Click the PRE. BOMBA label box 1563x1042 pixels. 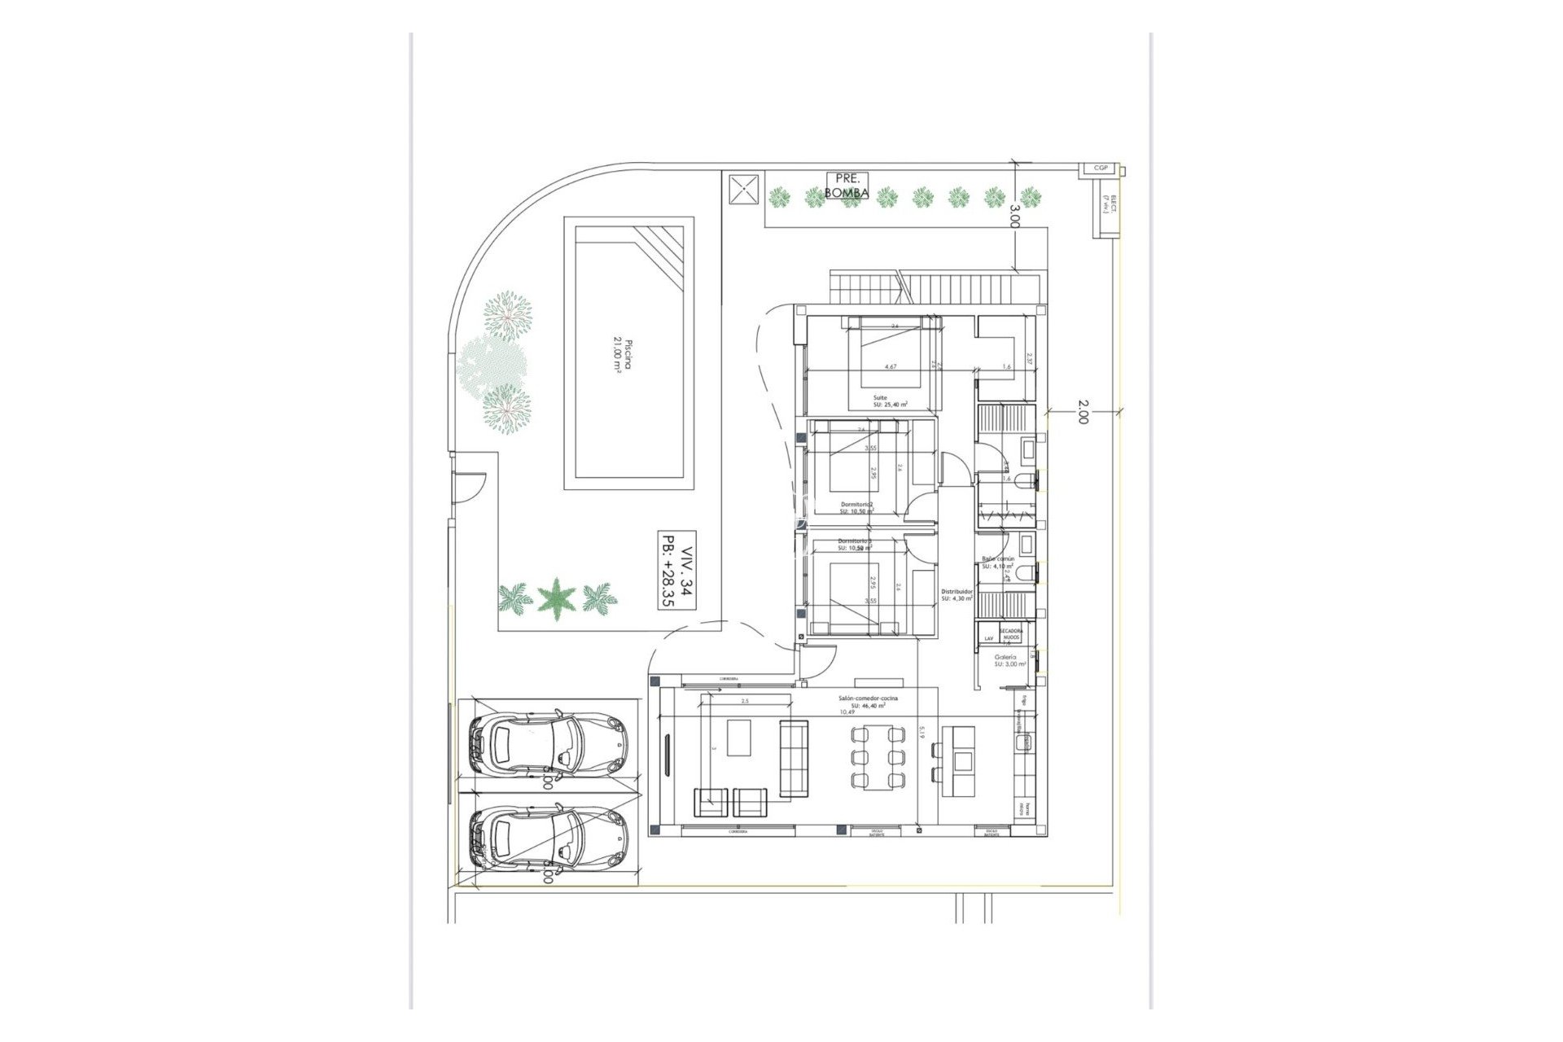pos(847,186)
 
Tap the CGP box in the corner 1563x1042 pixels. pos(1101,169)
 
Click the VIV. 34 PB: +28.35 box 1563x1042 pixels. pos(677,571)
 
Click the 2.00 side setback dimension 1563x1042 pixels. pos(1082,411)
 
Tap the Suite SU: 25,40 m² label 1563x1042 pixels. pos(890,401)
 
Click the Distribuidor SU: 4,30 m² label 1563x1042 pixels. pos(957,595)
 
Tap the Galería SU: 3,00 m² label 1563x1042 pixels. pos(1009,660)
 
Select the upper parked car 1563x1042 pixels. pos(548,742)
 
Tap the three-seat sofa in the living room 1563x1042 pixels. pos(794,758)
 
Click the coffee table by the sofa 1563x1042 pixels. pos(739,738)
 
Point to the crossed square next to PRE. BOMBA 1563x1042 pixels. pos(742,191)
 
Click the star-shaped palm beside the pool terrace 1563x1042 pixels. pos(557,598)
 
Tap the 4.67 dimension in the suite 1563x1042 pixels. pos(891,367)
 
